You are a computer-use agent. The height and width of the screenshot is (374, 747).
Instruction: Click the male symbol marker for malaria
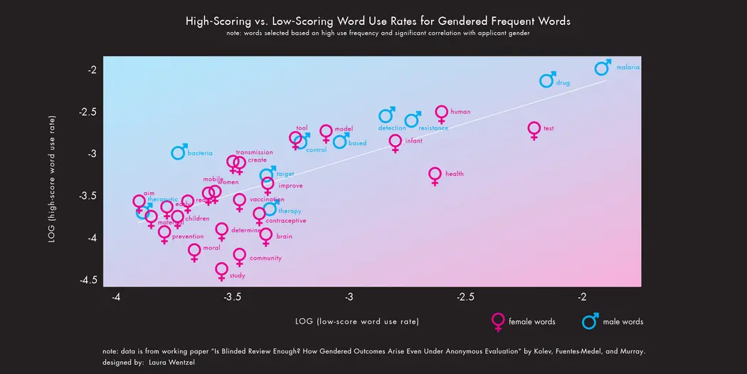click(602, 68)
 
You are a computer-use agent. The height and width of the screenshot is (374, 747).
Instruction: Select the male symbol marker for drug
click(546, 80)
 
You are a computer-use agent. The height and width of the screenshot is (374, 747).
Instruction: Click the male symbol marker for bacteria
click(179, 152)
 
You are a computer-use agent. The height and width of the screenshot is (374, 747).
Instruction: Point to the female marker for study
click(221, 270)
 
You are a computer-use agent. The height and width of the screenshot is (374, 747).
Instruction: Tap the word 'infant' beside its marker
click(413, 141)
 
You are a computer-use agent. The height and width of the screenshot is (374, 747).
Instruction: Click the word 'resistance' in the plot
click(433, 128)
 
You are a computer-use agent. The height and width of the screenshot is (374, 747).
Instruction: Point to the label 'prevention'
click(188, 237)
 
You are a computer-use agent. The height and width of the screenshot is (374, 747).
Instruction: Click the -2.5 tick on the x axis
click(465, 296)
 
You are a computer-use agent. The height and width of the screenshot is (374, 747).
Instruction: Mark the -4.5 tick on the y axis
click(89, 281)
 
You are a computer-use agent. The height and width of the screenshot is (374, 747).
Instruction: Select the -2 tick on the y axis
click(92, 70)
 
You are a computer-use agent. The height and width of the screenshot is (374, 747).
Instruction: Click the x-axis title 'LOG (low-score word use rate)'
click(356, 322)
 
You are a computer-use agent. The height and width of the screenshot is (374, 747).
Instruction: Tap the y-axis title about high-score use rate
click(52, 179)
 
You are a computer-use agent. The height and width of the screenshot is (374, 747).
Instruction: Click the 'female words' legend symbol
click(498, 321)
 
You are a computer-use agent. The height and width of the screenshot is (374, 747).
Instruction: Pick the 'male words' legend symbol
click(589, 322)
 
